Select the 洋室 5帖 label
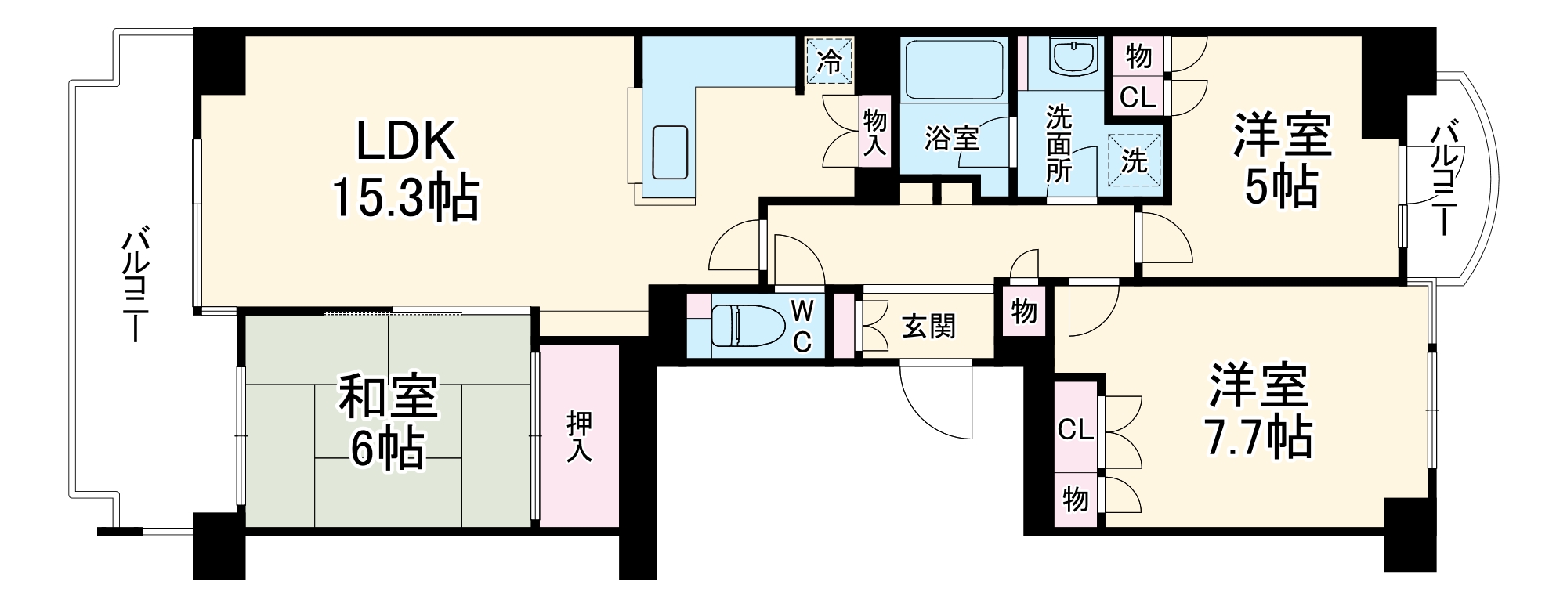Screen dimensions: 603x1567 [x=1282, y=161]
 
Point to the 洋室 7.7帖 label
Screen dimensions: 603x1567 [x=1258, y=411]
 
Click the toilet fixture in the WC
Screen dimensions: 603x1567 [x=747, y=325]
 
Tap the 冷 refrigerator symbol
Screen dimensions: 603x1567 [x=830, y=60]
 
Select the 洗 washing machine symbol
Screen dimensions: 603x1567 [x=1134, y=160]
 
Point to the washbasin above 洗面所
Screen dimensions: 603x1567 [x=1072, y=56]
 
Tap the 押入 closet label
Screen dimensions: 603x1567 [x=579, y=435]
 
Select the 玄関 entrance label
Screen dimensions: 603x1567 [x=928, y=326]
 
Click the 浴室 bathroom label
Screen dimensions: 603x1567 [x=951, y=139]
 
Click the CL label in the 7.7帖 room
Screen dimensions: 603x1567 [x=1075, y=429]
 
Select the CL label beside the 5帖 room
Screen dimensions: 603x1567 [x=1137, y=98]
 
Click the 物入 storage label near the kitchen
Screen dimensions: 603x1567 [x=874, y=133]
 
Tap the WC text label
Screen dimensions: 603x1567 [x=802, y=326]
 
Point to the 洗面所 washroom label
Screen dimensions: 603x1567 [x=1059, y=144]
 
